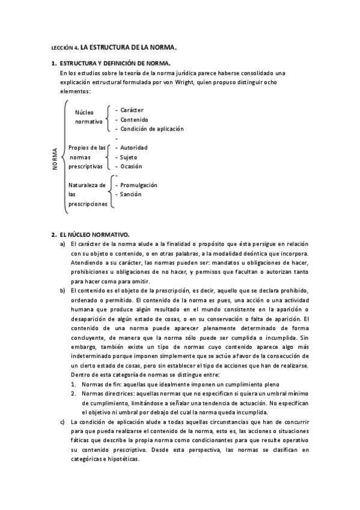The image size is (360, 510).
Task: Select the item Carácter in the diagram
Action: (x=132, y=110)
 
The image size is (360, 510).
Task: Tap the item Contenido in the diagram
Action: (x=134, y=120)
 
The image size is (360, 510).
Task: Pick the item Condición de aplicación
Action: (x=152, y=129)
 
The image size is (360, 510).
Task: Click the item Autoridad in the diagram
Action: (x=133, y=147)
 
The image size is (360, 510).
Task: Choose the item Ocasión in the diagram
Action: (x=131, y=167)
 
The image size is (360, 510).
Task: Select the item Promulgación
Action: (x=138, y=185)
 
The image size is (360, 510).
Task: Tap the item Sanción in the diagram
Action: (x=130, y=194)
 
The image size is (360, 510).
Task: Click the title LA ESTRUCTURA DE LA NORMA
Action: (x=129, y=46)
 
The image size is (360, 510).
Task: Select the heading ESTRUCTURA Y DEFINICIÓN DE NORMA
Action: (x=115, y=63)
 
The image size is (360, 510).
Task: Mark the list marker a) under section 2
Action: (x=63, y=244)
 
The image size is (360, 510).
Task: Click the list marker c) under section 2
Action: (x=63, y=422)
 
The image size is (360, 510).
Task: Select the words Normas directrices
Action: (x=108, y=393)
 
